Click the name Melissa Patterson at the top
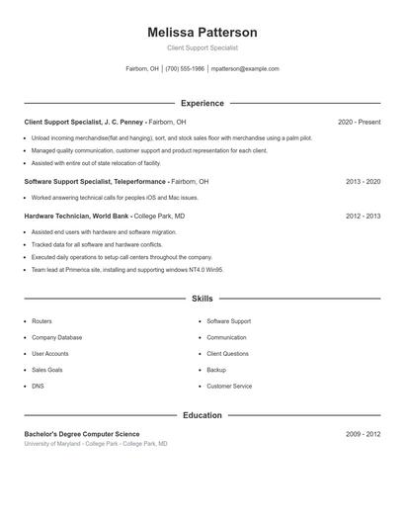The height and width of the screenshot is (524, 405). (202, 33)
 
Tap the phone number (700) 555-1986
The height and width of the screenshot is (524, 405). (185, 69)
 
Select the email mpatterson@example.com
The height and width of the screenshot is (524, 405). (246, 69)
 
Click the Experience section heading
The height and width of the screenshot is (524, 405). (202, 103)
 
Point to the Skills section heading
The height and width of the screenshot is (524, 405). (202, 298)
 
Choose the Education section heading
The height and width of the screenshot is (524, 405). (202, 415)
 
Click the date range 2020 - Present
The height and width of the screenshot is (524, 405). (359, 122)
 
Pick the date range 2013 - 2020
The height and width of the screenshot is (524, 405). (364, 182)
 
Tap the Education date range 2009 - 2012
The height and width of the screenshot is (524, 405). (364, 434)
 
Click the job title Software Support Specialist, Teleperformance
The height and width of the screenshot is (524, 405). (95, 182)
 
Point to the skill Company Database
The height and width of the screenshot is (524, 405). (57, 337)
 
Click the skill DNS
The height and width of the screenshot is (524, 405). (38, 386)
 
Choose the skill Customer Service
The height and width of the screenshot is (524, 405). (229, 386)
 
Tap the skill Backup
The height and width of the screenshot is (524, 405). (216, 370)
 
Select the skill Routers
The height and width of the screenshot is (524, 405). (41, 321)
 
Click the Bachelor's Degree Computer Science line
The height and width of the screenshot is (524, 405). (82, 434)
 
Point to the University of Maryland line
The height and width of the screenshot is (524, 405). (96, 444)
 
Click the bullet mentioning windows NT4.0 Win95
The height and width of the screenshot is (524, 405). (127, 269)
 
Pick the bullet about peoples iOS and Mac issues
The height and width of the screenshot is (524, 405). (115, 198)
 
